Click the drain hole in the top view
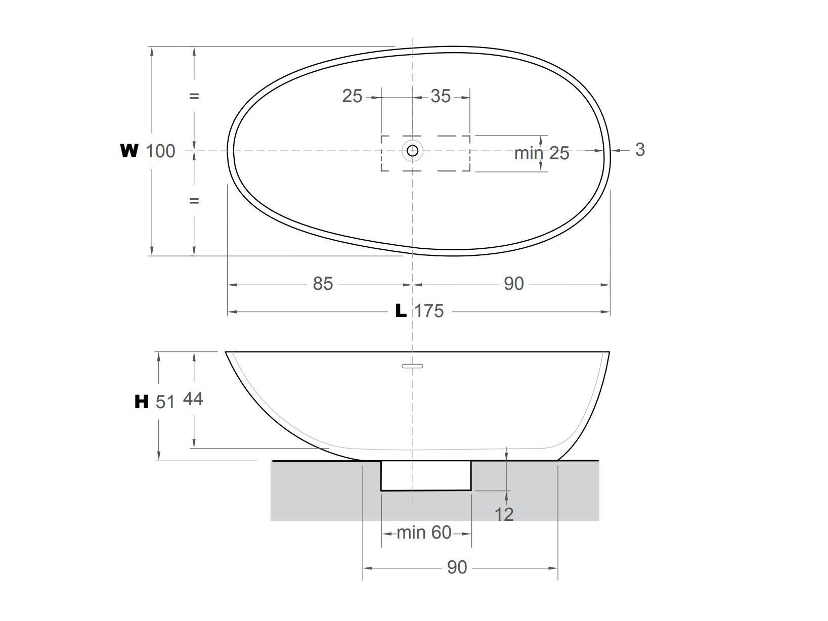click(x=413, y=150)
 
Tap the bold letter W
click(x=129, y=151)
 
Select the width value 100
click(x=160, y=151)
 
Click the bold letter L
click(x=401, y=311)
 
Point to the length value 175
click(x=429, y=311)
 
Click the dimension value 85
click(x=323, y=284)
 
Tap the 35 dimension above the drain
click(x=440, y=96)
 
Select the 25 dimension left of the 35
click(x=352, y=96)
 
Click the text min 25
click(x=541, y=153)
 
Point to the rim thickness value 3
click(x=640, y=150)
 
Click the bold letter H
click(x=142, y=402)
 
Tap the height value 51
click(x=165, y=402)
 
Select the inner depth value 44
click(x=193, y=400)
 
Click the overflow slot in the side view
click(x=412, y=366)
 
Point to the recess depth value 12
click(x=504, y=515)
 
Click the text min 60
click(x=424, y=533)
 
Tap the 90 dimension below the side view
click(x=457, y=567)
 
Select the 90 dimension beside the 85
click(x=513, y=284)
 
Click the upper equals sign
click(x=194, y=96)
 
